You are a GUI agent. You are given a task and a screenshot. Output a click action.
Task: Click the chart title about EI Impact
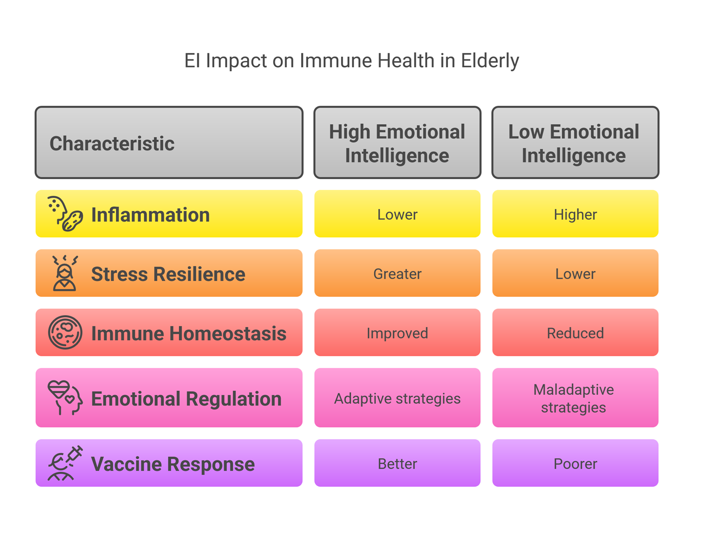(x=351, y=60)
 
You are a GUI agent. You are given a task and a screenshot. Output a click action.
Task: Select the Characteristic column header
(x=169, y=142)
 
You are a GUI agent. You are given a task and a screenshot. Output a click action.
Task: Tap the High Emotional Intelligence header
(x=397, y=142)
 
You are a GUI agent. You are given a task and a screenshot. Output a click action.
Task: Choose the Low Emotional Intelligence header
(x=575, y=142)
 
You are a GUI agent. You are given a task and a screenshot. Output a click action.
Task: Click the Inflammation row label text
(x=151, y=215)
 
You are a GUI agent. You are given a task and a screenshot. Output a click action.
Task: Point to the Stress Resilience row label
(x=168, y=274)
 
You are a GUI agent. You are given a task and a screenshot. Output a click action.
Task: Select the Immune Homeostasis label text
(x=189, y=333)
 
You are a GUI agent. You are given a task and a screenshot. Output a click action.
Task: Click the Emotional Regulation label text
(x=186, y=399)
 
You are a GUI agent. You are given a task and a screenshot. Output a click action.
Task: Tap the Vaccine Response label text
(x=173, y=464)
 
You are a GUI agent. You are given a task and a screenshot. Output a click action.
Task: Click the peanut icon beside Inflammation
(x=72, y=221)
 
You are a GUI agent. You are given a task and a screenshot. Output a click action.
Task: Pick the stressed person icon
(x=65, y=274)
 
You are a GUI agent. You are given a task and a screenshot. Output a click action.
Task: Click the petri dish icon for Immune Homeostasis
(x=65, y=332)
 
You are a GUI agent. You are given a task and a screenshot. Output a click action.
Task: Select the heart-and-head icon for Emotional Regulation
(x=65, y=398)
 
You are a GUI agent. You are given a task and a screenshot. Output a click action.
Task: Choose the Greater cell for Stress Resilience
(x=397, y=273)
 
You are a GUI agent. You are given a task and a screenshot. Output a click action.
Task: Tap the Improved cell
(x=397, y=332)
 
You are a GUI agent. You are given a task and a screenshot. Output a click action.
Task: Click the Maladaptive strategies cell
(x=575, y=398)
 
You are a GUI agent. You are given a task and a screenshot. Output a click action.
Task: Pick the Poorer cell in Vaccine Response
(x=575, y=463)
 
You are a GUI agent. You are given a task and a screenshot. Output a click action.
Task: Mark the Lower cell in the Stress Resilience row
(x=575, y=273)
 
